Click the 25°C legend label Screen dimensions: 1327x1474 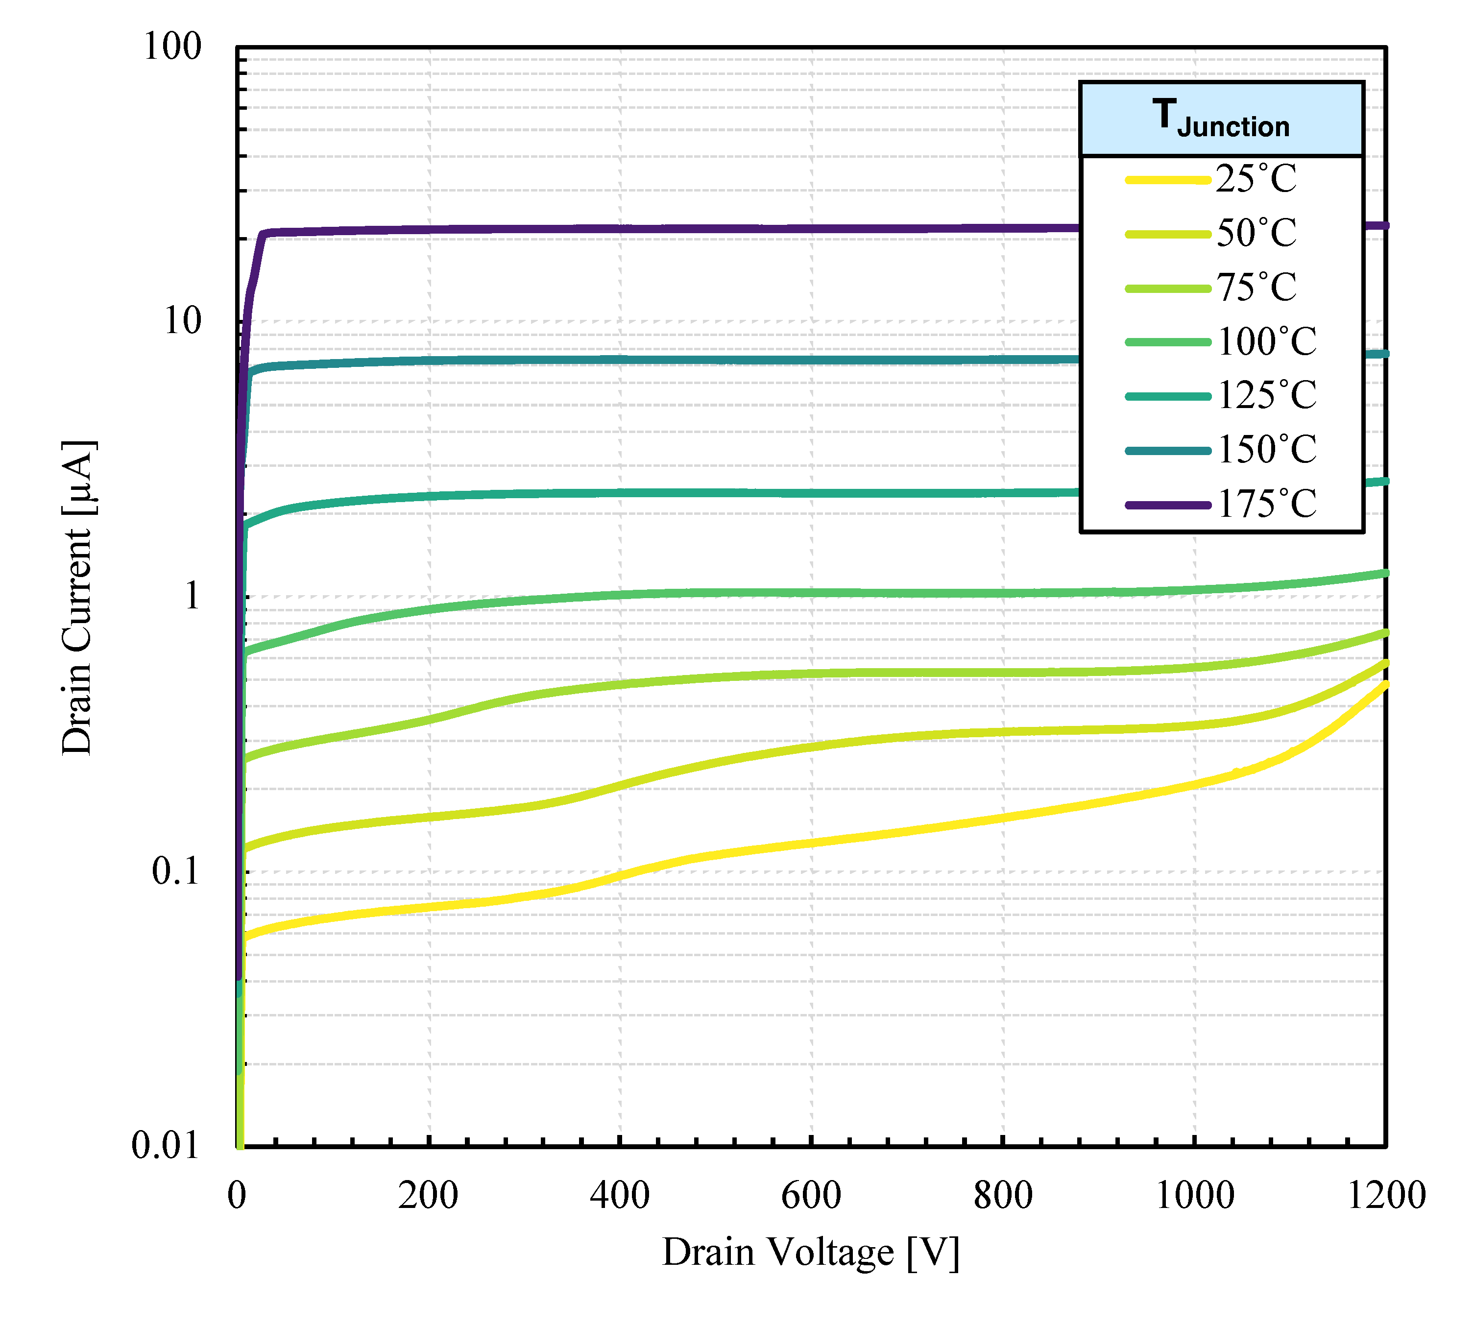1256,179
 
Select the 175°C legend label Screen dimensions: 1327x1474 1267,504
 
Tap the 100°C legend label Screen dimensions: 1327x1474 1267,341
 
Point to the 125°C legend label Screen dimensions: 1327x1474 1267,396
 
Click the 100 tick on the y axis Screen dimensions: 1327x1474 172,48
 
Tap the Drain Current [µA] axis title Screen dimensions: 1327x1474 77,598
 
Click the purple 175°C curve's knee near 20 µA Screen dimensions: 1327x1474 263,235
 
